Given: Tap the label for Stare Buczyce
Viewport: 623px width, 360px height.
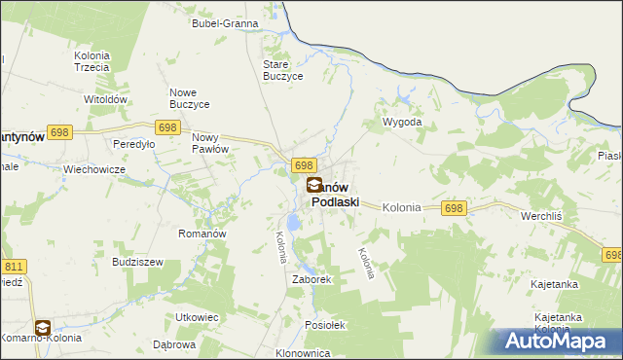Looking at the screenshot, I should (284, 70).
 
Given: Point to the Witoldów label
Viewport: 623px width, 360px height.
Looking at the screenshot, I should (106, 100).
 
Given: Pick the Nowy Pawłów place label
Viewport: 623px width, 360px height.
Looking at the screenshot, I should (209, 143).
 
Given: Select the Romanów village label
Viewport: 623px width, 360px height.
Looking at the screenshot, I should (202, 234).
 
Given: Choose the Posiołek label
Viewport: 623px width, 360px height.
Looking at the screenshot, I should (325, 325).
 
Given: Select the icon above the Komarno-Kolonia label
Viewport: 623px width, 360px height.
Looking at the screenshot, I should (43, 328).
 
